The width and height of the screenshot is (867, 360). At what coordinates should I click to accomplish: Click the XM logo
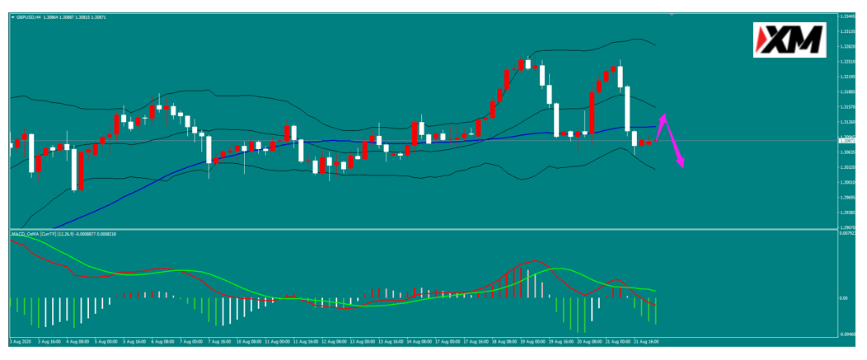[x=790, y=39]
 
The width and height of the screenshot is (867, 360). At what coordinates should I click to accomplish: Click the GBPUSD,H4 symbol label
[x=30, y=17]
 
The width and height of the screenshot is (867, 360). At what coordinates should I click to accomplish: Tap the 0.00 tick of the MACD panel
[x=843, y=298]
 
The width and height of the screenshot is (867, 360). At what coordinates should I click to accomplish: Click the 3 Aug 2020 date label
[x=20, y=340]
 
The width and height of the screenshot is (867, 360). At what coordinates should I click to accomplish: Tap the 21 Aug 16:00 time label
[x=645, y=340]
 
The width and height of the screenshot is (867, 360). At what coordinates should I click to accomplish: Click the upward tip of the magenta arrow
[x=663, y=115]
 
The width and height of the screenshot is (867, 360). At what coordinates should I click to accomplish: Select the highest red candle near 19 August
[x=523, y=63]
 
